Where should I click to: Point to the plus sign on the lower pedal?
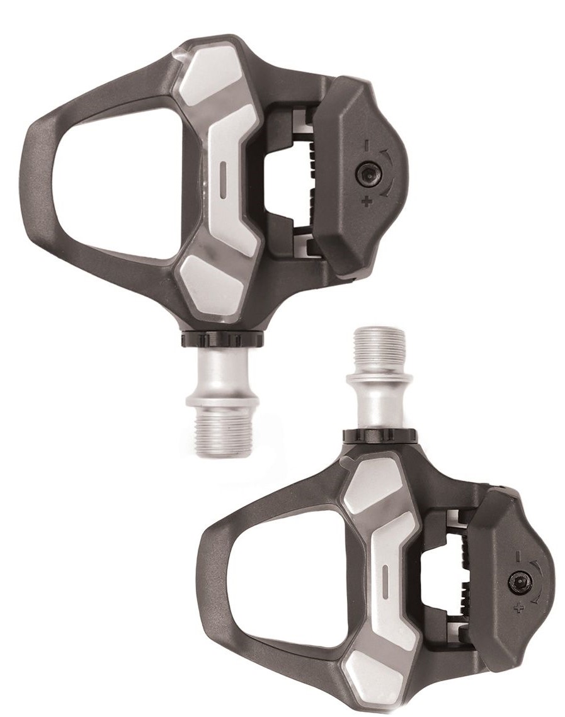(x=518, y=607)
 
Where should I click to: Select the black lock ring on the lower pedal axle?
(x=379, y=436)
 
